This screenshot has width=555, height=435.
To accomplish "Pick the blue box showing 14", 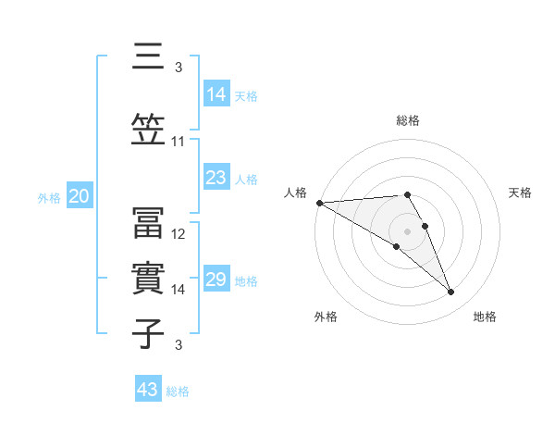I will (x=216, y=93).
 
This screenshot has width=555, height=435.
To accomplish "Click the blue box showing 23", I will (x=216, y=177).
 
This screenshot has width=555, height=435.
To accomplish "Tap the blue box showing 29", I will (x=216, y=280).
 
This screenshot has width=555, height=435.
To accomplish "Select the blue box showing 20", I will (x=80, y=196).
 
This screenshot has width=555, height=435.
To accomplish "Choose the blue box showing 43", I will (x=148, y=390).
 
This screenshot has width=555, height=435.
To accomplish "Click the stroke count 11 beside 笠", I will (x=179, y=142).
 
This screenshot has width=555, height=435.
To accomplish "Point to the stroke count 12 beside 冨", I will (x=179, y=234).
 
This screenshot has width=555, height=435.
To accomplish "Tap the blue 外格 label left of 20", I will (x=49, y=197).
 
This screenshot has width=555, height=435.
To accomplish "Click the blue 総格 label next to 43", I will (x=179, y=391).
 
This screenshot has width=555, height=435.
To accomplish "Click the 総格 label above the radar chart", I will (x=408, y=120).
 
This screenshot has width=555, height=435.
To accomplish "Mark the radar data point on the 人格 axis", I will (x=319, y=203).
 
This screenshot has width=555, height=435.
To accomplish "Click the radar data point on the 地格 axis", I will (x=451, y=292).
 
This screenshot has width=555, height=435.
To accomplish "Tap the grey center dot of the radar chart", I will (x=407, y=230).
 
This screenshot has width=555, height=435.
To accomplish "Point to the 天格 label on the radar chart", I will (x=521, y=193).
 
